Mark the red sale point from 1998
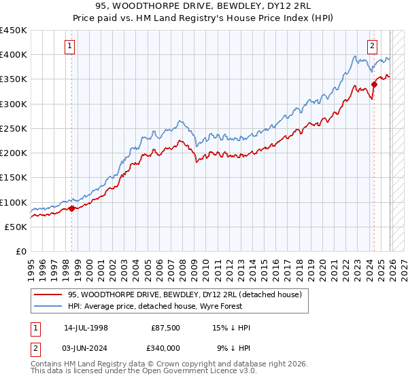(71, 208)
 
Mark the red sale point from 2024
(374, 84)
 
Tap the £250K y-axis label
(14, 128)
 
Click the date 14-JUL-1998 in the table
(86, 328)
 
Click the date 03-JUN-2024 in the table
(86, 348)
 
